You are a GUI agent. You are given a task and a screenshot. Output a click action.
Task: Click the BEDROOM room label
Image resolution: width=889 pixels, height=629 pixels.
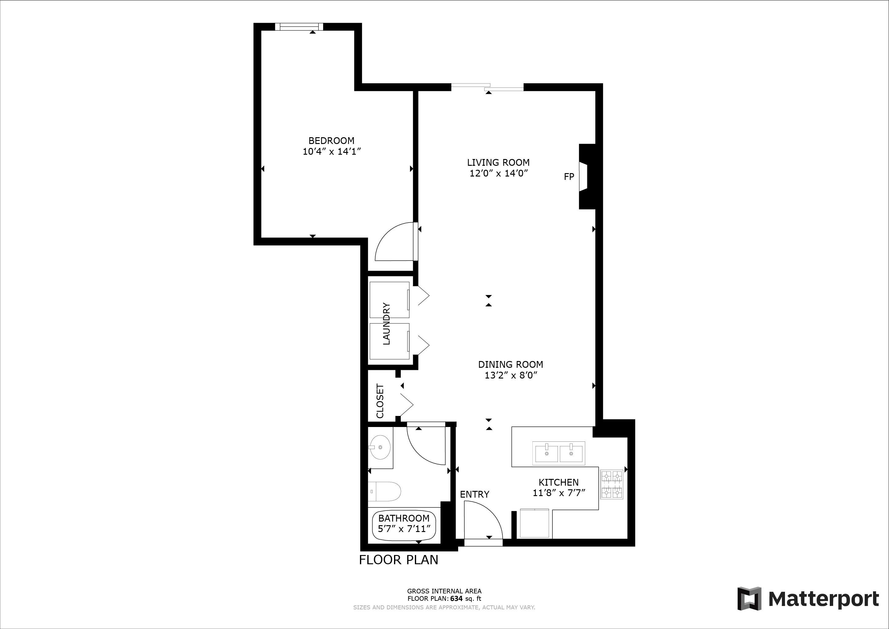tap(331, 141)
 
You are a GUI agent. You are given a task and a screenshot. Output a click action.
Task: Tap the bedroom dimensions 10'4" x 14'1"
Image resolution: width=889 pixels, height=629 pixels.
tap(331, 151)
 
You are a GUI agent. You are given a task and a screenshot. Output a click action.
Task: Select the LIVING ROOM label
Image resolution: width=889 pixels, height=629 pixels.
tap(498, 163)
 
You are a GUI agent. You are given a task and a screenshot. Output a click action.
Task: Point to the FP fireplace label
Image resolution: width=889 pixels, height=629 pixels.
tap(569, 177)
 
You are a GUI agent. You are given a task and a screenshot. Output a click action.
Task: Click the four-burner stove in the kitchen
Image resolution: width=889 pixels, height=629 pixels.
tap(612, 484)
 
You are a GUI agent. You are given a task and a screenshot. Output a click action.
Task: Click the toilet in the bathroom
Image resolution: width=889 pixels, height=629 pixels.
tap(384, 491)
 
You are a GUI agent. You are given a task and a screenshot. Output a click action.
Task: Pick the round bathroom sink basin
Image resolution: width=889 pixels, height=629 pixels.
tap(380, 447)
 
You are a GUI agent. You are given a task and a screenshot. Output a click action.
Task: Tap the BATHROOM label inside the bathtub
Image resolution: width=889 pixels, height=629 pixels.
tap(404, 518)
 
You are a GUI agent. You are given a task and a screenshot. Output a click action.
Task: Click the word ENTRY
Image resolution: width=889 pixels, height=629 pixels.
tap(474, 494)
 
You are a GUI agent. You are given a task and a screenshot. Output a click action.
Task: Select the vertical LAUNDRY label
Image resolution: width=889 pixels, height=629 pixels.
tap(386, 324)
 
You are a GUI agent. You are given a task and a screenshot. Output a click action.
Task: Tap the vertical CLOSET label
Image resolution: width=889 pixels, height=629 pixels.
tap(380, 401)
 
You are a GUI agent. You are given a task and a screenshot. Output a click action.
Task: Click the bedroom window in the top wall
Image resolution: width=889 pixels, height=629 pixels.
tap(299, 26)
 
